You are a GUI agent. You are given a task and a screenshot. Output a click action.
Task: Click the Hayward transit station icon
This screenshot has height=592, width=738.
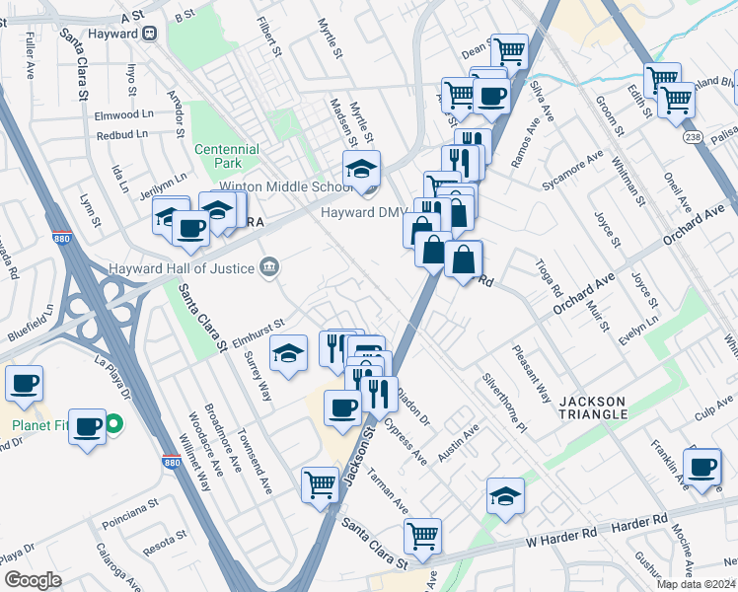pos(150,32)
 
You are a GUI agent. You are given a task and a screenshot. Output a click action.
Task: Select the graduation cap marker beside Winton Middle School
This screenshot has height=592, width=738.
pos(362,169)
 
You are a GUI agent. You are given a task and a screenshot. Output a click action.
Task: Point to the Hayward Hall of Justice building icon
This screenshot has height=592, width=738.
pos(267,265)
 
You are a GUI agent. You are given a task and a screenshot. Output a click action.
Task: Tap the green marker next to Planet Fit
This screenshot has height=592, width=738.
pos(113,425)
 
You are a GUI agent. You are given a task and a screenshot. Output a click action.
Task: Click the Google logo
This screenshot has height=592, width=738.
pos(34,579)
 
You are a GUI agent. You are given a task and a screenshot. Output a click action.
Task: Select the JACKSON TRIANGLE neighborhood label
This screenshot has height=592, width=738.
pos(592,407)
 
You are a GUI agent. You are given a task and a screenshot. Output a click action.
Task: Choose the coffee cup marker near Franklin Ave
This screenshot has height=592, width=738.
pos(702,467)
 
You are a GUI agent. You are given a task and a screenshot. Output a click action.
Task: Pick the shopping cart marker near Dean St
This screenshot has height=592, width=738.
pos(509,49)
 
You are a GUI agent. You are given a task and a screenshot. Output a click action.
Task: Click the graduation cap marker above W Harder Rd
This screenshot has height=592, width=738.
pos(505,495)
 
